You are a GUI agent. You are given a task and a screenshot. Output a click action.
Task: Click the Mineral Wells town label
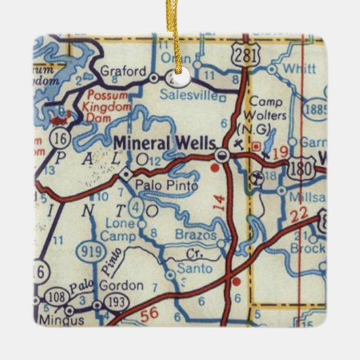pyautogui.click(x=166, y=143)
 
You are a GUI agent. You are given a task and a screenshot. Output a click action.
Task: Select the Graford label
pyautogui.click(x=123, y=71)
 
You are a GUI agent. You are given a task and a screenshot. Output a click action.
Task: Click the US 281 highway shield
pyautogui.click(x=244, y=56)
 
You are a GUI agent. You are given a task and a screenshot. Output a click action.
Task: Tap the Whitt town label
pyautogui.click(x=295, y=69)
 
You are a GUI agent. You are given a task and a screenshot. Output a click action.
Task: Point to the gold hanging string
pyautogui.click(x=178, y=34)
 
